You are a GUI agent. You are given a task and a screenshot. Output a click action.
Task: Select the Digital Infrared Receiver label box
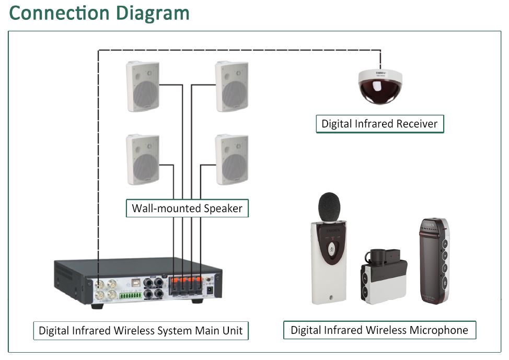click(x=379, y=124)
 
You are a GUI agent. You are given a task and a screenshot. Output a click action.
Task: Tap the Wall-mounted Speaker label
click(x=187, y=208)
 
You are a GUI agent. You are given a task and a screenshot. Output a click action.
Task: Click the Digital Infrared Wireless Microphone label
click(x=379, y=330)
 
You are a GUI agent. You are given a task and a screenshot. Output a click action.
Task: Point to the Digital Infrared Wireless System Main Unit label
click(x=141, y=331)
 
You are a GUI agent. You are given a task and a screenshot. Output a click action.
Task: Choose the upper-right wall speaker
click(x=232, y=86)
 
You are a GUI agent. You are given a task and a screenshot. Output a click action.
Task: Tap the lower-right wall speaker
click(x=232, y=159)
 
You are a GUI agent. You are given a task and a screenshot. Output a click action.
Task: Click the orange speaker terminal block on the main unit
click(x=187, y=283)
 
